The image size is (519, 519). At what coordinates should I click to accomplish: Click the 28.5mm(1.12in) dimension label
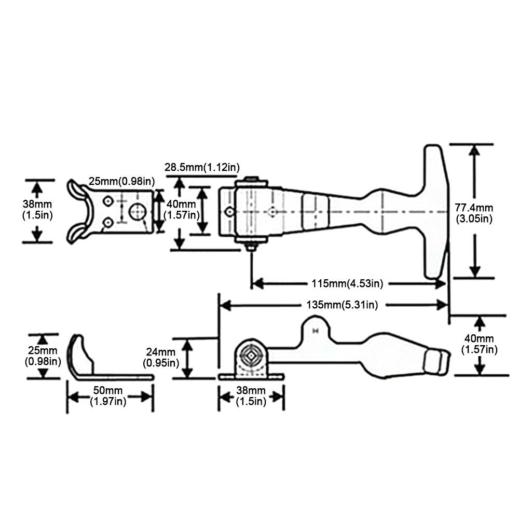(x=202, y=168)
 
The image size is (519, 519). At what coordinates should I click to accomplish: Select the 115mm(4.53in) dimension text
(x=347, y=284)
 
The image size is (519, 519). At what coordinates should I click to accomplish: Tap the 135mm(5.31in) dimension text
(x=342, y=305)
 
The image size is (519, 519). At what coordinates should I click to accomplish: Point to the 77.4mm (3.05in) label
(x=474, y=213)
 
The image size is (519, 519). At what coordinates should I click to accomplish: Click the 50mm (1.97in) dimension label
(x=108, y=396)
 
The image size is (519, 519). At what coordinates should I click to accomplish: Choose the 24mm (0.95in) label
(x=161, y=358)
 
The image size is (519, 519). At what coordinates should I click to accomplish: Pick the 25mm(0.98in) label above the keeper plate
(x=122, y=181)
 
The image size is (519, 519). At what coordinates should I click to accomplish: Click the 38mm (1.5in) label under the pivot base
(x=251, y=396)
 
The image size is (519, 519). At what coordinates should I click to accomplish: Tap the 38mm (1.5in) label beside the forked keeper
(x=37, y=210)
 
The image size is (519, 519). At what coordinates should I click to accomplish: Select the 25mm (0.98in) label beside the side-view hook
(x=43, y=356)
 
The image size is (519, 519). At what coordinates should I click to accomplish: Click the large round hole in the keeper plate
(x=138, y=211)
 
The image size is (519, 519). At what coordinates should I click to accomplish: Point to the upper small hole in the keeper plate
(x=108, y=201)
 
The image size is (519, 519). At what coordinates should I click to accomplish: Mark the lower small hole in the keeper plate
(x=108, y=223)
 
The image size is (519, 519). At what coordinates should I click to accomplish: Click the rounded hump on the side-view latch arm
(x=316, y=326)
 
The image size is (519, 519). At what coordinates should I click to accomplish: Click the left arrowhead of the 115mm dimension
(x=258, y=284)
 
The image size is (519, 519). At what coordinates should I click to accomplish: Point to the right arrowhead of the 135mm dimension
(x=442, y=305)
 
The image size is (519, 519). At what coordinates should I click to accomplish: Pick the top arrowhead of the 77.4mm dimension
(x=474, y=151)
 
